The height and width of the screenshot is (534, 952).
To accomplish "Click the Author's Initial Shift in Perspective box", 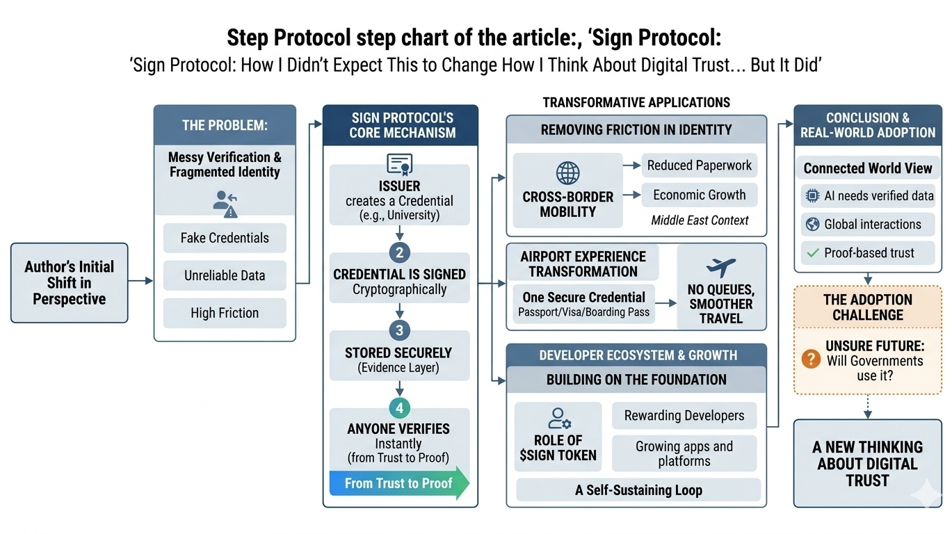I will coord(70,282).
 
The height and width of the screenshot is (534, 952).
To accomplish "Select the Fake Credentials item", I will coord(225,238).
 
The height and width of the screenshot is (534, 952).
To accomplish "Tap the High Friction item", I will coord(225,313).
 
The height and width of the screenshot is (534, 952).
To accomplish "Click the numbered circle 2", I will coord(399,252).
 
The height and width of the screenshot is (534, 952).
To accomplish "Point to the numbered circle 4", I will coord(399,407).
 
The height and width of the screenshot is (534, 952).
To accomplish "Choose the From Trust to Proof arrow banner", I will coord(399,483).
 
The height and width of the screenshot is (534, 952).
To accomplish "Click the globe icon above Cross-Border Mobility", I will coord(567,173).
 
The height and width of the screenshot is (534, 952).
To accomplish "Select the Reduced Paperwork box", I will coord(699,165).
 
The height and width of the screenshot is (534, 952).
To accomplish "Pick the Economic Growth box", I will coord(699,195).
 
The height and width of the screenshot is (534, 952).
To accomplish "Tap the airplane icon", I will coord(720,267).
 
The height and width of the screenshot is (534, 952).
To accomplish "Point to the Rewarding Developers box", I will coord(684,416).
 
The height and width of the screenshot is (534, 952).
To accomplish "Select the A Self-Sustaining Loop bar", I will coord(638,490).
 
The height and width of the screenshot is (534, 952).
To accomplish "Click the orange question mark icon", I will coord(811,359).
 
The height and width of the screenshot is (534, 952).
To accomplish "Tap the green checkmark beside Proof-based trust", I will coord(811,253).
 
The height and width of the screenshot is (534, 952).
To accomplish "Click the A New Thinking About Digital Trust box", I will coord(867,463).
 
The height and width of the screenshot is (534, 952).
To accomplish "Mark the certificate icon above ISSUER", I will coord(399,165).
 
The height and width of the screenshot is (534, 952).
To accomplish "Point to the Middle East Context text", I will coord(700,220).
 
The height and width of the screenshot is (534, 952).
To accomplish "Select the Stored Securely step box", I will coord(399,359).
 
